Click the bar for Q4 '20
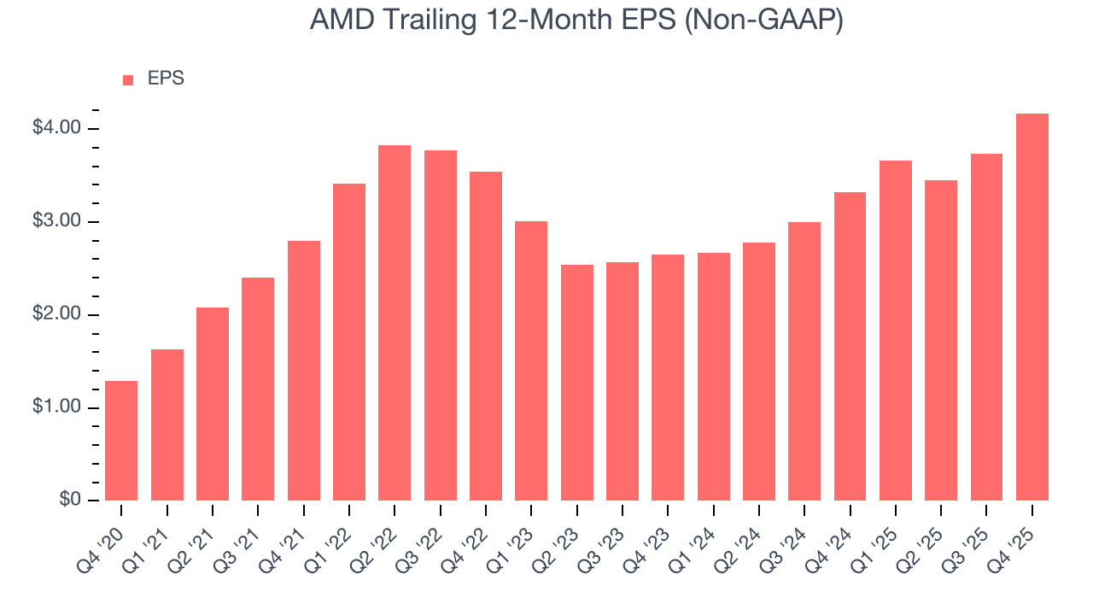pos(121,441)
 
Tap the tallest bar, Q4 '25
pos(1032,307)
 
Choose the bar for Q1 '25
pos(896,331)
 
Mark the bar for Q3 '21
pos(258,389)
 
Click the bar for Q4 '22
pos(486,336)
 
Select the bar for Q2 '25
pos(941,340)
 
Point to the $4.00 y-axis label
pos(56,128)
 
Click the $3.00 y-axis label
pos(56,221)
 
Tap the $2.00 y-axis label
pos(56,314)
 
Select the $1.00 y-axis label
pos(56,407)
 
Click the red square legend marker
pos(128,79)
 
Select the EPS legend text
pos(166,79)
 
